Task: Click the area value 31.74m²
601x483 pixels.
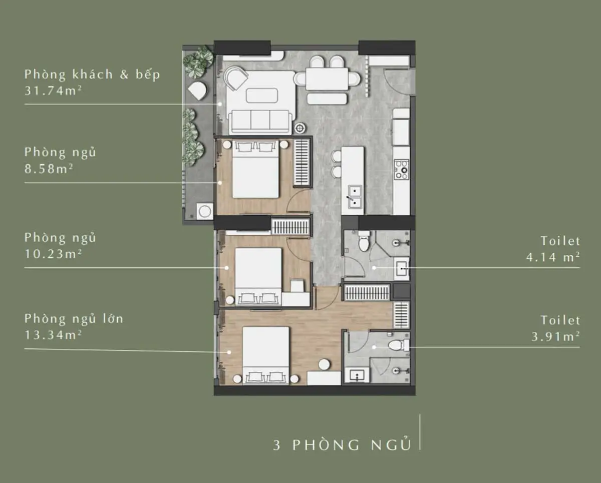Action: pos(53,91)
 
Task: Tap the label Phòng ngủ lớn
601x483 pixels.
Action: pos(74,319)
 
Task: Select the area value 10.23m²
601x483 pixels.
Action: pos(53,254)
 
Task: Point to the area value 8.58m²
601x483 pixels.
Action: pos(49,169)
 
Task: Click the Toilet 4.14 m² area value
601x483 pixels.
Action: pos(553,257)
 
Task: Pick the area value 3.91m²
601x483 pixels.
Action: pos(555,336)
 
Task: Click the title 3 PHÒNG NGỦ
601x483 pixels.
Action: pos(343,445)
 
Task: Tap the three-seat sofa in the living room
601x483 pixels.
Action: pos(260,122)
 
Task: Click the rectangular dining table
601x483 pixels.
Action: pos(327,79)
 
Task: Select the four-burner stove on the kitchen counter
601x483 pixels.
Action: pos(402,169)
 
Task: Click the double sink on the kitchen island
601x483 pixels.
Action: pos(355,197)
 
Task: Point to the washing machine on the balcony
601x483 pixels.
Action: pos(205,211)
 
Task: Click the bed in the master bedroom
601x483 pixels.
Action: pos(265,355)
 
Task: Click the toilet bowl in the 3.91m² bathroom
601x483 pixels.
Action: pos(399,345)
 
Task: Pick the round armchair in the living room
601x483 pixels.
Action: pos(236,78)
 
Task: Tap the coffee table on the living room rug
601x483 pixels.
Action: pos(261,96)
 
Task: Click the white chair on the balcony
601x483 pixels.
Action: pos(197,90)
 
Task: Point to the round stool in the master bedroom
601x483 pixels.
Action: pos(324,364)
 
